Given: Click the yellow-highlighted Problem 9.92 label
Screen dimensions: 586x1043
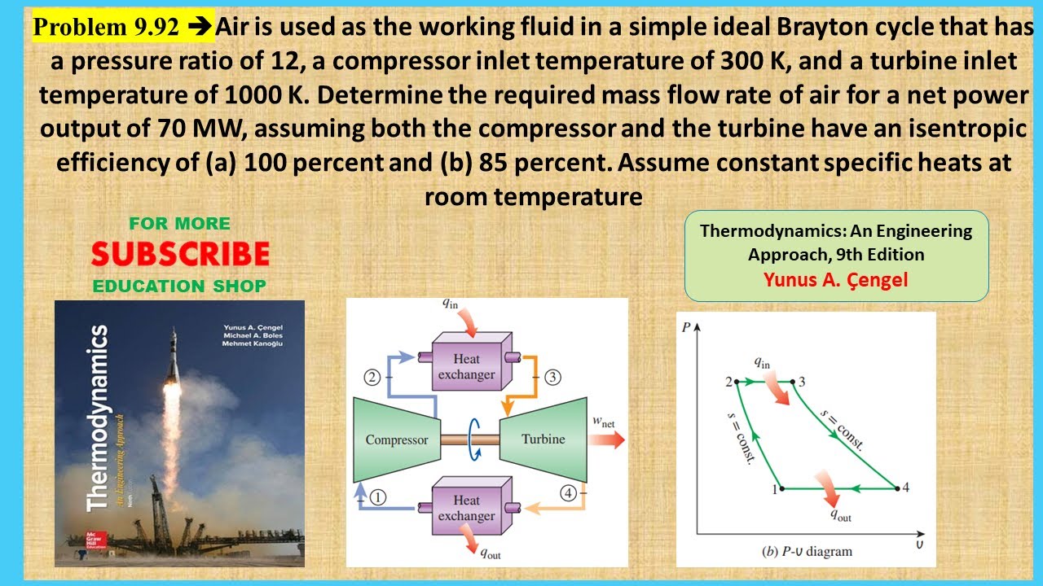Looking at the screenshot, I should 106,28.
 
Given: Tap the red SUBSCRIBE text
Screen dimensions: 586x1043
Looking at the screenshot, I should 180,255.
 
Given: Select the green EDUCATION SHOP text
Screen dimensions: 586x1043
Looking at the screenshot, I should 179,286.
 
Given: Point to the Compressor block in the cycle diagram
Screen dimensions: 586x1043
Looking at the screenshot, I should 397,439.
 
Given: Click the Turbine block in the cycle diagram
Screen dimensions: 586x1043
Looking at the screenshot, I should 544,439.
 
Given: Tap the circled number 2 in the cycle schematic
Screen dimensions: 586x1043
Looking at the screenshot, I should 373,377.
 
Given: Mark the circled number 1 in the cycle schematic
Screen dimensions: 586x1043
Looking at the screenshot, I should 377,498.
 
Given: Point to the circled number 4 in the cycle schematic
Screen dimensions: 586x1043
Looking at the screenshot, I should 569,492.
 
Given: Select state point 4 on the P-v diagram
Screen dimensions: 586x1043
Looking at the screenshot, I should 896,488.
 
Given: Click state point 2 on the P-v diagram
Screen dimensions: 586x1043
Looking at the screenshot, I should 736,381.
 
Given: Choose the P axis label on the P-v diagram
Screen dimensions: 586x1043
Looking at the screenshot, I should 687,327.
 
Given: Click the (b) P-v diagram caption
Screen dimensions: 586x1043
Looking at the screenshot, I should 807,551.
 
